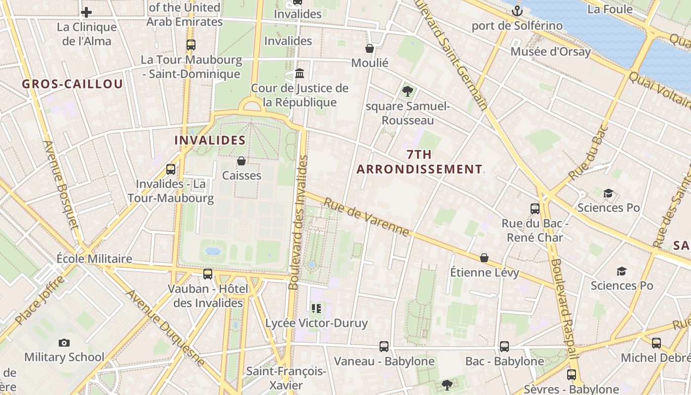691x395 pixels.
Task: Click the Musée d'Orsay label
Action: pos(550,52)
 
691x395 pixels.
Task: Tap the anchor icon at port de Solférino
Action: pos(517,10)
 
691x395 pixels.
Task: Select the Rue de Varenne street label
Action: pos(366,217)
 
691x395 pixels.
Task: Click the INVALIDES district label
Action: pos(210,140)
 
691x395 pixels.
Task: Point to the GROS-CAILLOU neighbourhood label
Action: pos(72,84)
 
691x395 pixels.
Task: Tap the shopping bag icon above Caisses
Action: pos(241,161)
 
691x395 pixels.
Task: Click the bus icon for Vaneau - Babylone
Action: pos(384,347)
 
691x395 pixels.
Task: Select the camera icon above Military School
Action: pos(64,343)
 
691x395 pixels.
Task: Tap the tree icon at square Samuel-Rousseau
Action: pos(408,91)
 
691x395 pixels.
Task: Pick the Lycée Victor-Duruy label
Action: pos(316,323)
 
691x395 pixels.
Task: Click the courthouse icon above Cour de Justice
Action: pos(300,74)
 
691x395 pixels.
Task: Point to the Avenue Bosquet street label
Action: pos(61,185)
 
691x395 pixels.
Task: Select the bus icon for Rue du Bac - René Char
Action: pos(535,208)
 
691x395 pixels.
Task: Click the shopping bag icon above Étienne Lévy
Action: pos(484,258)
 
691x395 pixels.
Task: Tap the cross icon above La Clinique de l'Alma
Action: pos(86,12)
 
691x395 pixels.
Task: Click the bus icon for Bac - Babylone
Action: pos(504,347)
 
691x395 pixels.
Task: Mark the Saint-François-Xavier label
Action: pos(286,378)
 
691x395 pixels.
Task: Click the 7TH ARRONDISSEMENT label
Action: pos(420,162)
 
